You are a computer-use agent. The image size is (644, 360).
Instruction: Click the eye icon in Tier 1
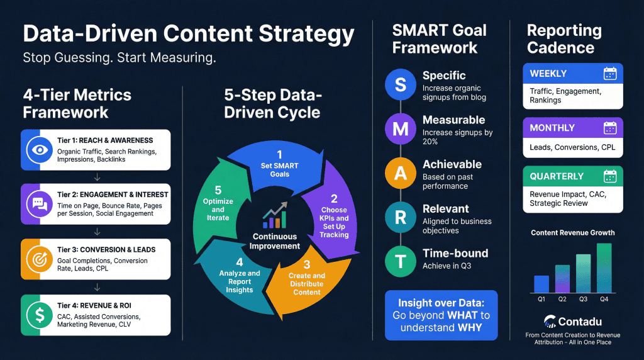tap(40, 150)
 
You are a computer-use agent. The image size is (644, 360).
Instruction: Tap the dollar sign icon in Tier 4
tap(40, 315)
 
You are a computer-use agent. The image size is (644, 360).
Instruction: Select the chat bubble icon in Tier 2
tap(40, 204)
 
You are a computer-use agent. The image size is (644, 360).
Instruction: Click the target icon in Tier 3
tap(40, 259)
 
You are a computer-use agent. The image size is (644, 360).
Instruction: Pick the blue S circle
tap(401, 85)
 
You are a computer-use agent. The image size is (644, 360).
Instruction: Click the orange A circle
tap(401, 173)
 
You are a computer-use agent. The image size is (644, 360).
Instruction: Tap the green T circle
tap(401, 261)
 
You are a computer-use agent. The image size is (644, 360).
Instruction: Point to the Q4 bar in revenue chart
tap(604, 268)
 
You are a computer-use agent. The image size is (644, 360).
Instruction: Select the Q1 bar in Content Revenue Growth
tap(541, 284)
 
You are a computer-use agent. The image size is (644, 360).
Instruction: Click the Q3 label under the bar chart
tap(583, 299)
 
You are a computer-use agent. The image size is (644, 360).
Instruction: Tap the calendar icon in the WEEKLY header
tap(610, 74)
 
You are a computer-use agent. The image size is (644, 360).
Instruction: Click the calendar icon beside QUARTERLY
tap(610, 176)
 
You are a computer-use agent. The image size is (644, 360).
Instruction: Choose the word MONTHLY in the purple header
tap(552, 128)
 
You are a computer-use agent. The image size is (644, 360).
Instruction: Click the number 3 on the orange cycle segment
tap(307, 264)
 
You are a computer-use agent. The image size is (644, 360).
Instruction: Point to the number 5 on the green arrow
tap(218, 190)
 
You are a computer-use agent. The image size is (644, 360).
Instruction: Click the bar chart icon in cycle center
tap(275, 215)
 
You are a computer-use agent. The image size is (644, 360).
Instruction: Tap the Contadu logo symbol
tap(550, 322)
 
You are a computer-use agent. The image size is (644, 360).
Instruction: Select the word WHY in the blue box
tap(470, 327)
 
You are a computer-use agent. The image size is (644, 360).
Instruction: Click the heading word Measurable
tap(454, 120)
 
